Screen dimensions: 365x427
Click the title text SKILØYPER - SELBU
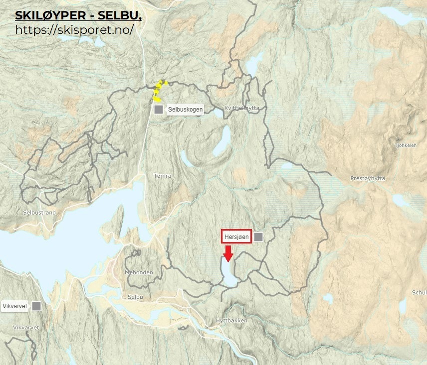pyautogui.click(x=78, y=15)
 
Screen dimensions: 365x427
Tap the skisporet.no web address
pyautogui.click(x=75, y=29)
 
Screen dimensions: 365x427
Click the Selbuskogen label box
pyautogui.click(x=185, y=109)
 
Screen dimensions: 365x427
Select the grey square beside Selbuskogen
pyautogui.click(x=159, y=109)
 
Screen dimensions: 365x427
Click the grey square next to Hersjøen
pyautogui.click(x=258, y=237)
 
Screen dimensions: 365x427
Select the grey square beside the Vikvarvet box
pyautogui.click(x=36, y=306)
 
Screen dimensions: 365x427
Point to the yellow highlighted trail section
pyautogui.click(x=159, y=91)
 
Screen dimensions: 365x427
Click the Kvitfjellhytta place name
pyautogui.click(x=242, y=108)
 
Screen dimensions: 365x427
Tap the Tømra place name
pyautogui.click(x=163, y=176)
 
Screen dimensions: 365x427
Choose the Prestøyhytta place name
pyautogui.click(x=368, y=178)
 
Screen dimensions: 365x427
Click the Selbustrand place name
pyautogui.click(x=39, y=212)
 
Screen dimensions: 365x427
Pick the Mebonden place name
pyautogui.click(x=139, y=272)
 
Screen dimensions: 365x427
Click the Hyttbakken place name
pyautogui.click(x=231, y=320)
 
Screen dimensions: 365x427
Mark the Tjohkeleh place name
pyautogui.click(x=405, y=146)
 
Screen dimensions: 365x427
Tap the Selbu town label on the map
pyautogui.click(x=135, y=297)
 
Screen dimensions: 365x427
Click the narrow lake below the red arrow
pyautogui.click(x=228, y=273)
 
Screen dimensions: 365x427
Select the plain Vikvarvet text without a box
pyautogui.click(x=26, y=327)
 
